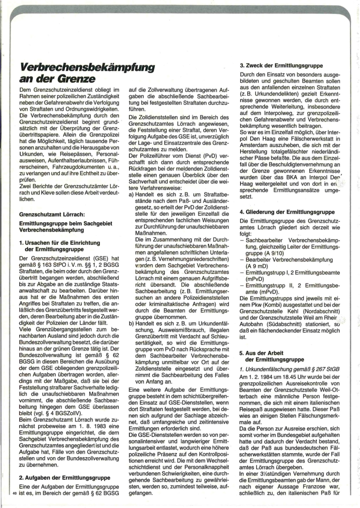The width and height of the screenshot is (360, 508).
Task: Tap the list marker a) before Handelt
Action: (x=132, y=196)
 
